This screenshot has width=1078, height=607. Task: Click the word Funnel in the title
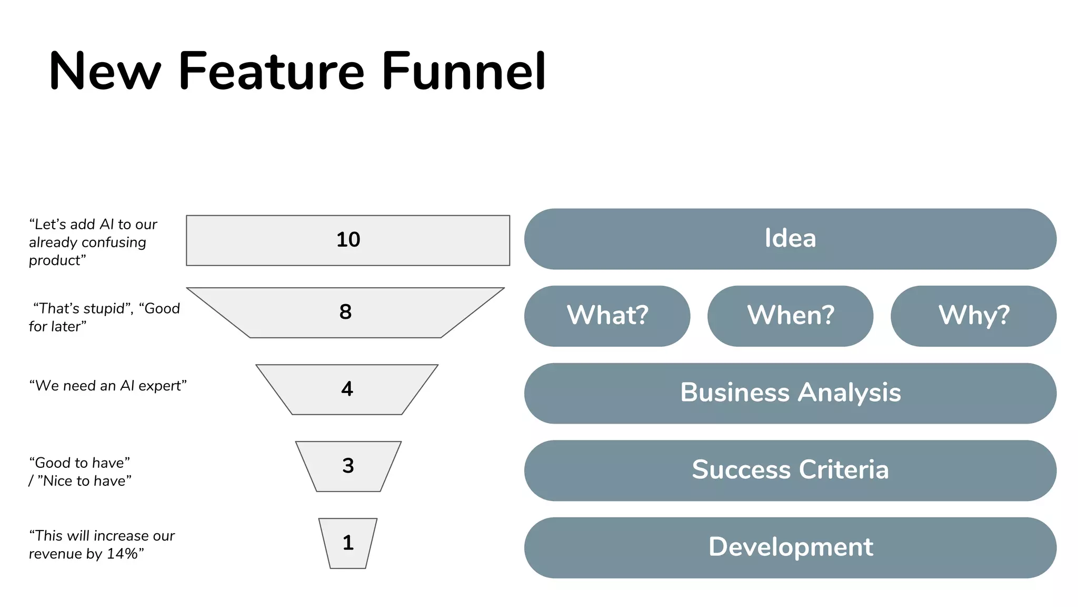pos(463,71)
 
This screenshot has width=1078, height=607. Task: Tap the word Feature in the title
pos(271,71)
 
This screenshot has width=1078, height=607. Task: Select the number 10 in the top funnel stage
pos(348,240)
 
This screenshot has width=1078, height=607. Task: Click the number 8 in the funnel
pos(345,312)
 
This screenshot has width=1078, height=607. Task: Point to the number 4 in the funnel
pos(347,389)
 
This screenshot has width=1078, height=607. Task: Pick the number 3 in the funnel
pos(348,466)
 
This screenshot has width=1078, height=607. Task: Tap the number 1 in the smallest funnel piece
pos(348,543)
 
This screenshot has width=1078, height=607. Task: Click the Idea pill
pos(790,238)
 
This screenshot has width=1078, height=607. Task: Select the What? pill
pos(607,316)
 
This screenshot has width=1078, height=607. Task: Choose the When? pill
pos(790,316)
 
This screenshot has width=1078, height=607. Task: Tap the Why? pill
pos(973,316)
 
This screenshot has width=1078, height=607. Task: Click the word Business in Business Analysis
pos(735,393)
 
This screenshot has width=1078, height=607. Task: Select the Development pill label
pos(790,547)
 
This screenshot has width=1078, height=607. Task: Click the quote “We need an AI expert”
pos(108,386)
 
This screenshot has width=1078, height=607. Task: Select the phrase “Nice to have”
pos(84,481)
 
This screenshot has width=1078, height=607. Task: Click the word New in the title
pos(104,71)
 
